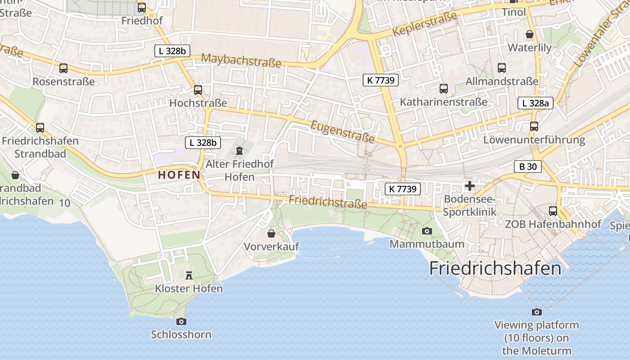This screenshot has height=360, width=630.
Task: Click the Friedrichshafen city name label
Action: tap(495, 269)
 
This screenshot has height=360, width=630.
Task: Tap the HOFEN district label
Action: tap(179, 175)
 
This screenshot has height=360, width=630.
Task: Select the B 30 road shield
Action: tap(528, 166)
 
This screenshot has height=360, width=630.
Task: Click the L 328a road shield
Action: tap(535, 103)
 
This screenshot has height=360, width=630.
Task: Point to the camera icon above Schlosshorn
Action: tap(181, 321)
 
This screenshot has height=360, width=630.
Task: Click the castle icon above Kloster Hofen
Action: tap(189, 275)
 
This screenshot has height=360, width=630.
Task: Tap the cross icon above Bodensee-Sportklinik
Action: tap(469, 186)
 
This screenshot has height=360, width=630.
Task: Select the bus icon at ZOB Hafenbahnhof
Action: tap(553, 211)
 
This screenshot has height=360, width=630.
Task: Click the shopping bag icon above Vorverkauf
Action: tap(271, 233)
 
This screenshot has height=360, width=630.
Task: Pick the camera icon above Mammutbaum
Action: tap(427, 231)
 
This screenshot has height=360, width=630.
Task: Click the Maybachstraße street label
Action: tap(242, 60)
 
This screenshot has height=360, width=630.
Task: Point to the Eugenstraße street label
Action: tap(343, 130)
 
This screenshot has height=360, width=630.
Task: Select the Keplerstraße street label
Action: tap(424, 24)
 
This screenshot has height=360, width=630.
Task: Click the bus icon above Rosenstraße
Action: tap(63, 68)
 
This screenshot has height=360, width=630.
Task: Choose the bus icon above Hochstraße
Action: tap(198, 90)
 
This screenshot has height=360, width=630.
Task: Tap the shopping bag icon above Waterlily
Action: tap(530, 34)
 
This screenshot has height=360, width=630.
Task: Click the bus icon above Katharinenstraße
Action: tap(444, 89)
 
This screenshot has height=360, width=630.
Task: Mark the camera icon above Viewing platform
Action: tap(536, 312)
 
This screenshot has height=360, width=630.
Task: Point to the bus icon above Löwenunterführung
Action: tap(534, 126)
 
